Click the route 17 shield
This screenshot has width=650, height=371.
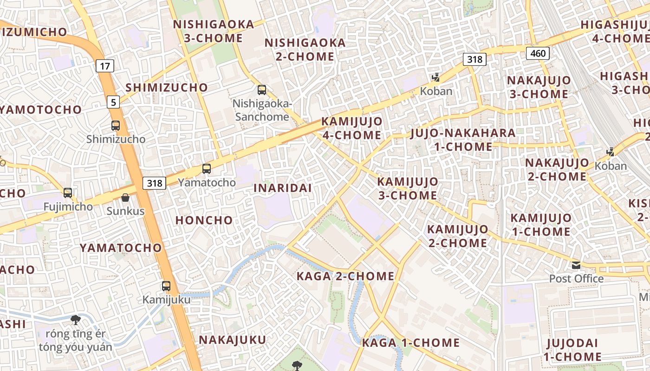click(x=105, y=66)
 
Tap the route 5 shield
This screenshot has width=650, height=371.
click(x=113, y=102)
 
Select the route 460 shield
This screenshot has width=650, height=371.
click(x=538, y=53)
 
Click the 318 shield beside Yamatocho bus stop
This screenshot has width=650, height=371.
click(x=154, y=183)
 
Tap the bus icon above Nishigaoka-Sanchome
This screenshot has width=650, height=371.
click(x=262, y=90)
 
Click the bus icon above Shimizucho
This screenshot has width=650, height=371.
click(x=115, y=125)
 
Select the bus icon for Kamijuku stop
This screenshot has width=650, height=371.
click(x=166, y=286)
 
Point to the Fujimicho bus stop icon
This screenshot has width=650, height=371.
click(x=68, y=192)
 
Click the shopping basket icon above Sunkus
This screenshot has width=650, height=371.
click(x=125, y=198)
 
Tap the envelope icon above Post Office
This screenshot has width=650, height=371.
click(x=576, y=265)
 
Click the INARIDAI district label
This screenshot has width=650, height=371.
click(x=283, y=188)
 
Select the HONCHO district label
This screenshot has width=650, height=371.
click(x=204, y=220)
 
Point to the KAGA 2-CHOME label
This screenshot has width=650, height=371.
click(x=345, y=276)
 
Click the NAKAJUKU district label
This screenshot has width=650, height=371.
click(x=233, y=340)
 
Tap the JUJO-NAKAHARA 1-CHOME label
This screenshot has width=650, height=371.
click(x=463, y=140)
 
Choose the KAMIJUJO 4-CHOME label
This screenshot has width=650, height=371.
click(x=352, y=128)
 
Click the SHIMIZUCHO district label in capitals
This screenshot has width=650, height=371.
click(x=167, y=87)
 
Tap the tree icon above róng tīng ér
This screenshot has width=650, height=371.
click(x=75, y=320)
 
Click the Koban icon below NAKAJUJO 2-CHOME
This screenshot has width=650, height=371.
click(x=611, y=152)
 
